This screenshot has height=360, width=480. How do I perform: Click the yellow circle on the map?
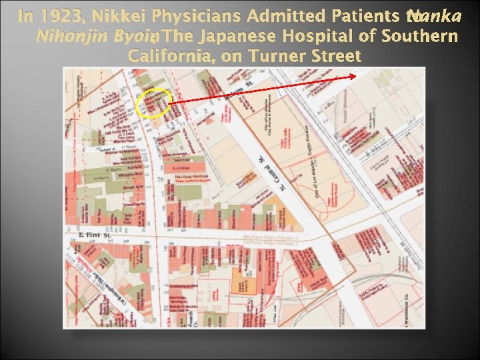pyautogui.click(x=154, y=103)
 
